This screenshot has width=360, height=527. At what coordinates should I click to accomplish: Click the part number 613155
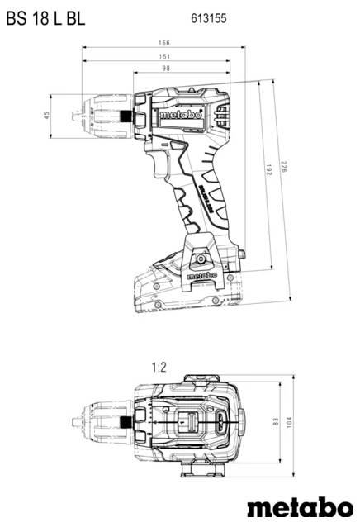click(209, 16)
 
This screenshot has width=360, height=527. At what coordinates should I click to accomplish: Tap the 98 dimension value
click(167, 69)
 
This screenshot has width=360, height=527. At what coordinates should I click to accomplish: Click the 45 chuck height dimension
click(47, 115)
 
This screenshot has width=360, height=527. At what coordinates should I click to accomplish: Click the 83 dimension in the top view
click(276, 422)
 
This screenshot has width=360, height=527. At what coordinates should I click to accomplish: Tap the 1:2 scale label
click(160, 366)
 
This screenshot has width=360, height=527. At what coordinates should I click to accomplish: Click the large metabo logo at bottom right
click(301, 508)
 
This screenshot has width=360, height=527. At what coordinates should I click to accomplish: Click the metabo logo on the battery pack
click(201, 277)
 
